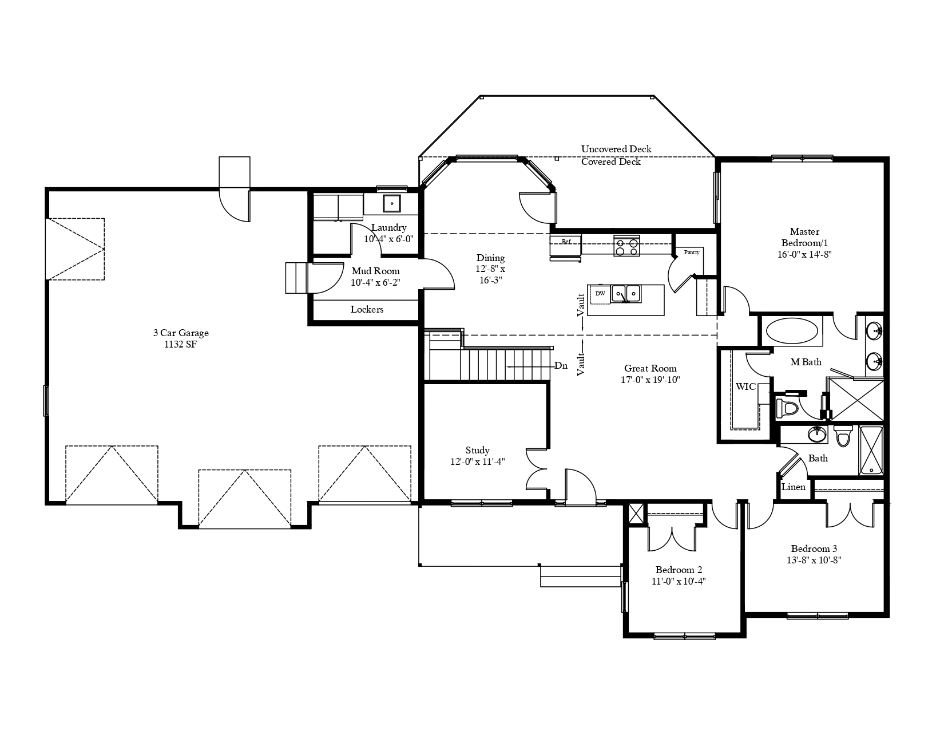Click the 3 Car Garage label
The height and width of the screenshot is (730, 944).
pos(181,333)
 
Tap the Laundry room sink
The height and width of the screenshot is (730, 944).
pos(391,203)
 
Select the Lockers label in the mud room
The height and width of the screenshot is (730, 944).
pos(367,310)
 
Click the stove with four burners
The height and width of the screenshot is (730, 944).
pos(626,247)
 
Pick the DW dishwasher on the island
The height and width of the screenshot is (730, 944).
pos(600,294)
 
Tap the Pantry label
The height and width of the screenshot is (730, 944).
pos(692,252)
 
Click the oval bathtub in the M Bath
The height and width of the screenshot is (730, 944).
pos(792,332)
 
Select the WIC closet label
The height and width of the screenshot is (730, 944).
pos(745,386)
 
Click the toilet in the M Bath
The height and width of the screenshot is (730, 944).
pos(787,408)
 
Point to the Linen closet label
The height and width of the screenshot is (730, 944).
pos(794,487)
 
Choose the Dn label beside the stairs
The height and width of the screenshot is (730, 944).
pos(561,366)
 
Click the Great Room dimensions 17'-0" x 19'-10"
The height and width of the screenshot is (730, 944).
pos(650,380)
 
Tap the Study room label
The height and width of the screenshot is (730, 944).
pos(477,450)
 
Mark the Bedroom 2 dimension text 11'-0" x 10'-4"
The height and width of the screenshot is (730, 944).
pos(678,581)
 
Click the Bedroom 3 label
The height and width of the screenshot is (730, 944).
pos(814,549)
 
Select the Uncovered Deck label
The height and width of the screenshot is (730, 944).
pos(616,149)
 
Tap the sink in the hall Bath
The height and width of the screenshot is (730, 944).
pos(817,434)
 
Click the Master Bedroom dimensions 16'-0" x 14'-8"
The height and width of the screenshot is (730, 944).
pos(804,254)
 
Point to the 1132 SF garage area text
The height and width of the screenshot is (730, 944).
pos(181,345)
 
